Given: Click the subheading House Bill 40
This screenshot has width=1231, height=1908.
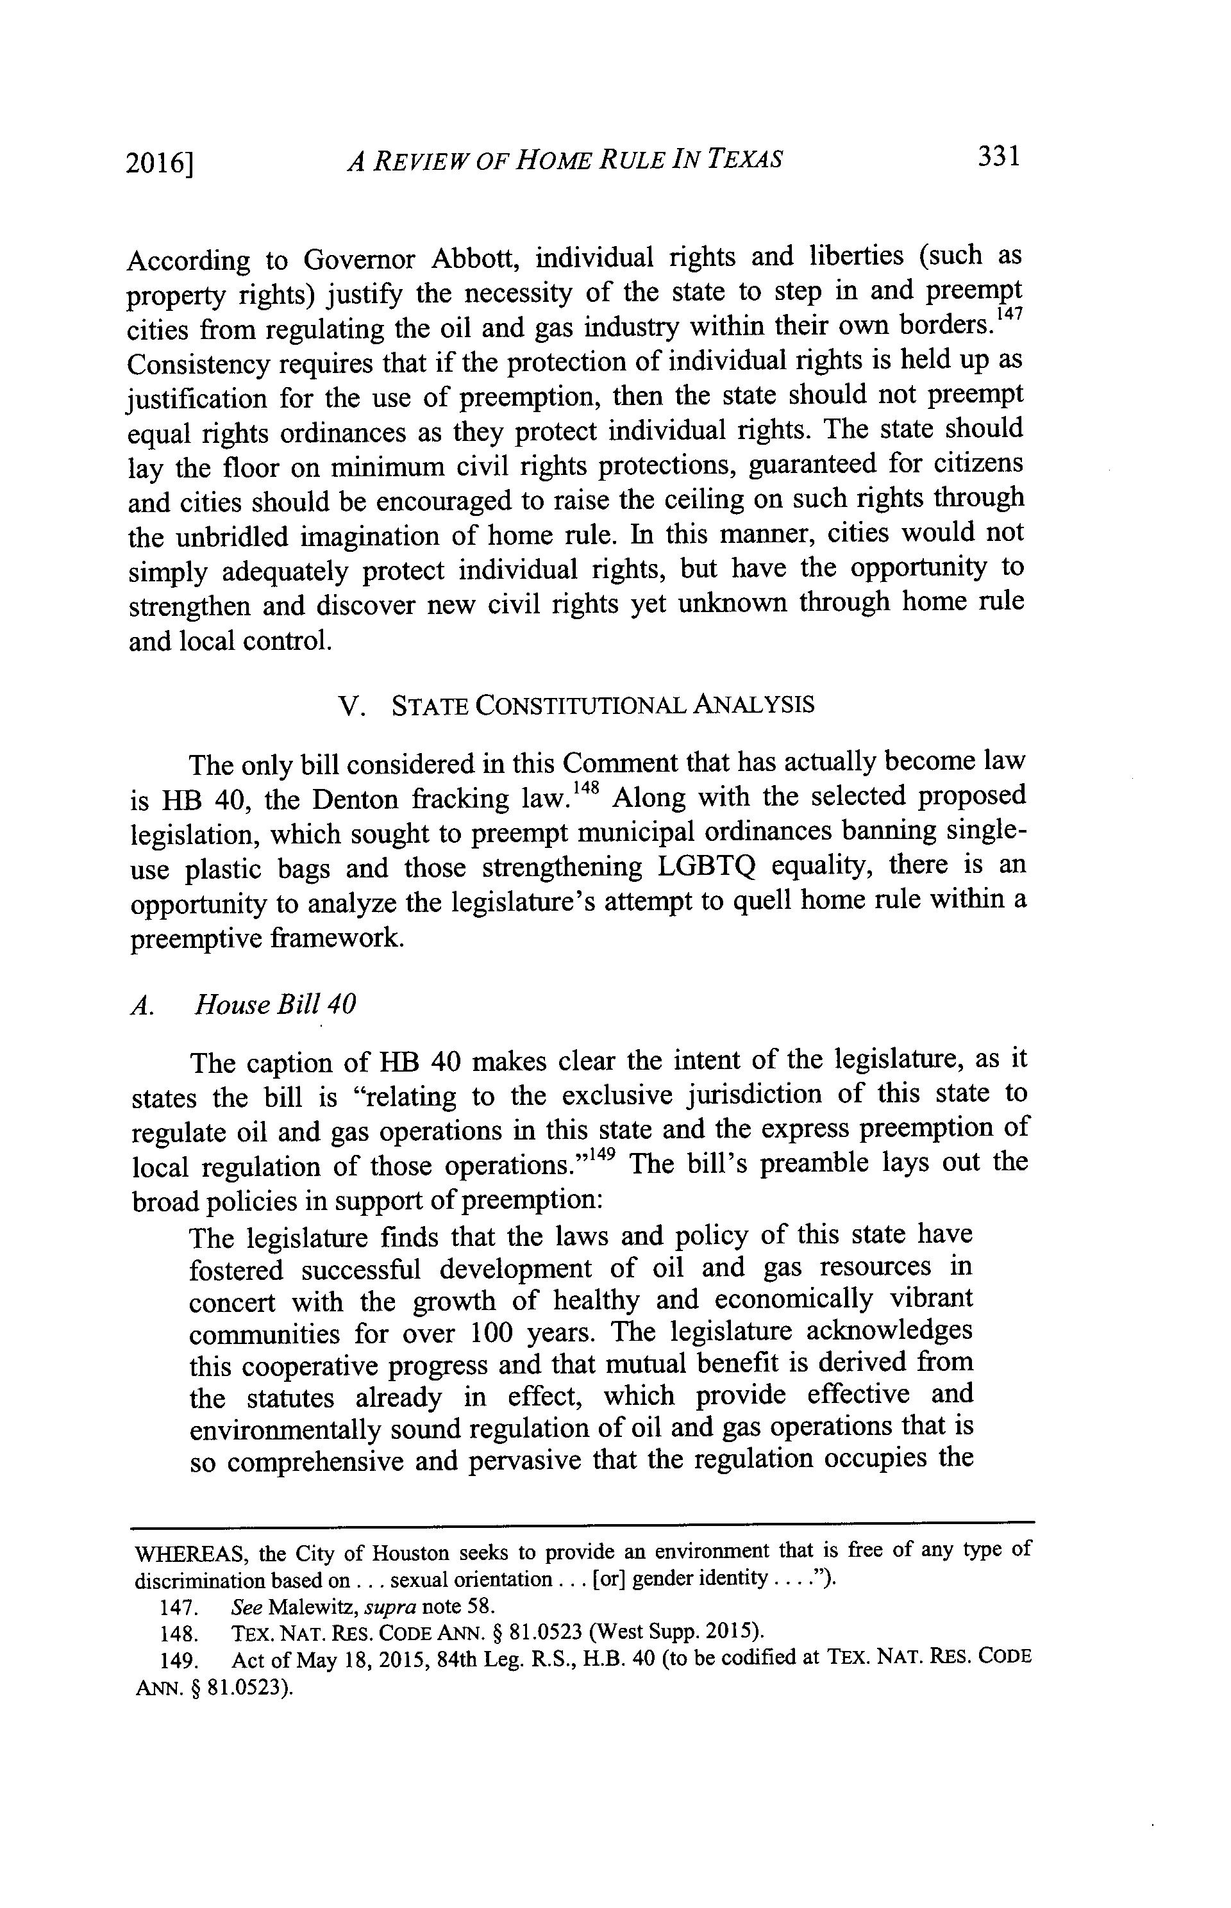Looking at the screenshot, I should [x=275, y=1004].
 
